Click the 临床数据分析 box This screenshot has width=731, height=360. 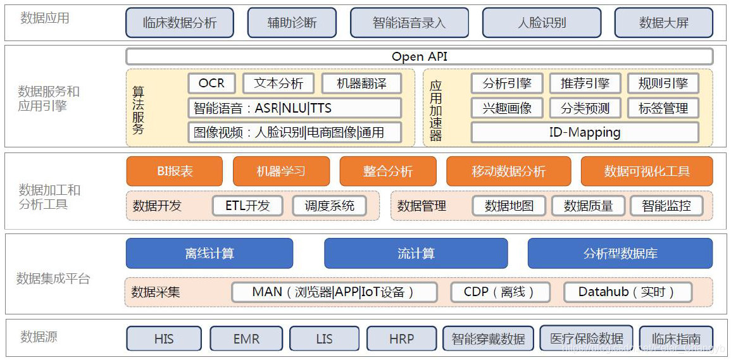(x=180, y=23)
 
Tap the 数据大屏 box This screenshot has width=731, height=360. (x=663, y=23)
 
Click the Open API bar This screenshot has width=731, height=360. (x=419, y=56)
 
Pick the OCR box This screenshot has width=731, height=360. (x=211, y=83)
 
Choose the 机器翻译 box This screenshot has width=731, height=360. (x=361, y=83)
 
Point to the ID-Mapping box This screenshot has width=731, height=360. (x=585, y=132)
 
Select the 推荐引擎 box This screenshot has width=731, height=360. (x=585, y=83)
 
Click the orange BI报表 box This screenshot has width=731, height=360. (x=175, y=171)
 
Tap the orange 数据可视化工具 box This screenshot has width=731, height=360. (x=647, y=171)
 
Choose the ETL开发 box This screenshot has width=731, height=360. (x=247, y=205)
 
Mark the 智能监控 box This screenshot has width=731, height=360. (x=666, y=205)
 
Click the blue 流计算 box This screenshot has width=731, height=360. (x=416, y=253)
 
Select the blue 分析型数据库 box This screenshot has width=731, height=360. (x=620, y=253)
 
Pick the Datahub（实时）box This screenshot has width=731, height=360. (x=627, y=292)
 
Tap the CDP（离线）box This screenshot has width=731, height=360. (x=499, y=292)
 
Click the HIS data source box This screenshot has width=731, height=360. (x=164, y=338)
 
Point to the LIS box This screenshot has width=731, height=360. (x=324, y=338)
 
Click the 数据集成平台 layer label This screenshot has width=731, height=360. (x=53, y=278)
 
